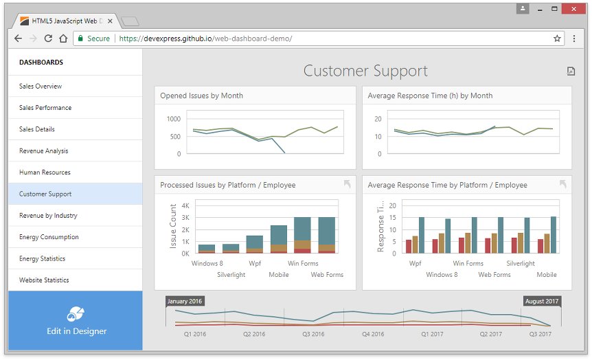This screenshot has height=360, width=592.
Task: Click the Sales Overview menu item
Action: [41, 86]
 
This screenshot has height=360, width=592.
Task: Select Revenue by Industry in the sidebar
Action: [48, 215]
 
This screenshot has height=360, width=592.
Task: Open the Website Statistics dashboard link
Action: [44, 280]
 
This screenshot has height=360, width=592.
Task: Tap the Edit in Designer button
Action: [76, 320]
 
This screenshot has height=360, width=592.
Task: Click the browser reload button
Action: [48, 38]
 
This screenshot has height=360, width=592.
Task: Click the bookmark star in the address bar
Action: [557, 38]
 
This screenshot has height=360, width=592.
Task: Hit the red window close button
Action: [573, 9]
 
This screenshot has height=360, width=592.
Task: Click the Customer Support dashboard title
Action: [365, 71]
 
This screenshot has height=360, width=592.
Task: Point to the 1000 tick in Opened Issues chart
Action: [174, 119]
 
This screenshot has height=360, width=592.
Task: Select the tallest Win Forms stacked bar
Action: [302, 235]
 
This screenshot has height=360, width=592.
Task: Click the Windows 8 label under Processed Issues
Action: [207, 263]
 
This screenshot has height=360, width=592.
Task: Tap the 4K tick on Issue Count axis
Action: [185, 206]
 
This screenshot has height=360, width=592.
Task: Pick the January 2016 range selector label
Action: [185, 301]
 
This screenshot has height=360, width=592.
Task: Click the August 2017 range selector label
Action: [542, 301]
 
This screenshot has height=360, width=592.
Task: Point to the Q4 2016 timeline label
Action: [373, 334]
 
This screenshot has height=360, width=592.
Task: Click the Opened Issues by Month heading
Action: [202, 95]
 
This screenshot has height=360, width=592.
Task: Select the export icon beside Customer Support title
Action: [571, 71]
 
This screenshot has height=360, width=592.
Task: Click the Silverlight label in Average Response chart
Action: [521, 263]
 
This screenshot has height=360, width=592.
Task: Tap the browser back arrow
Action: [18, 38]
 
